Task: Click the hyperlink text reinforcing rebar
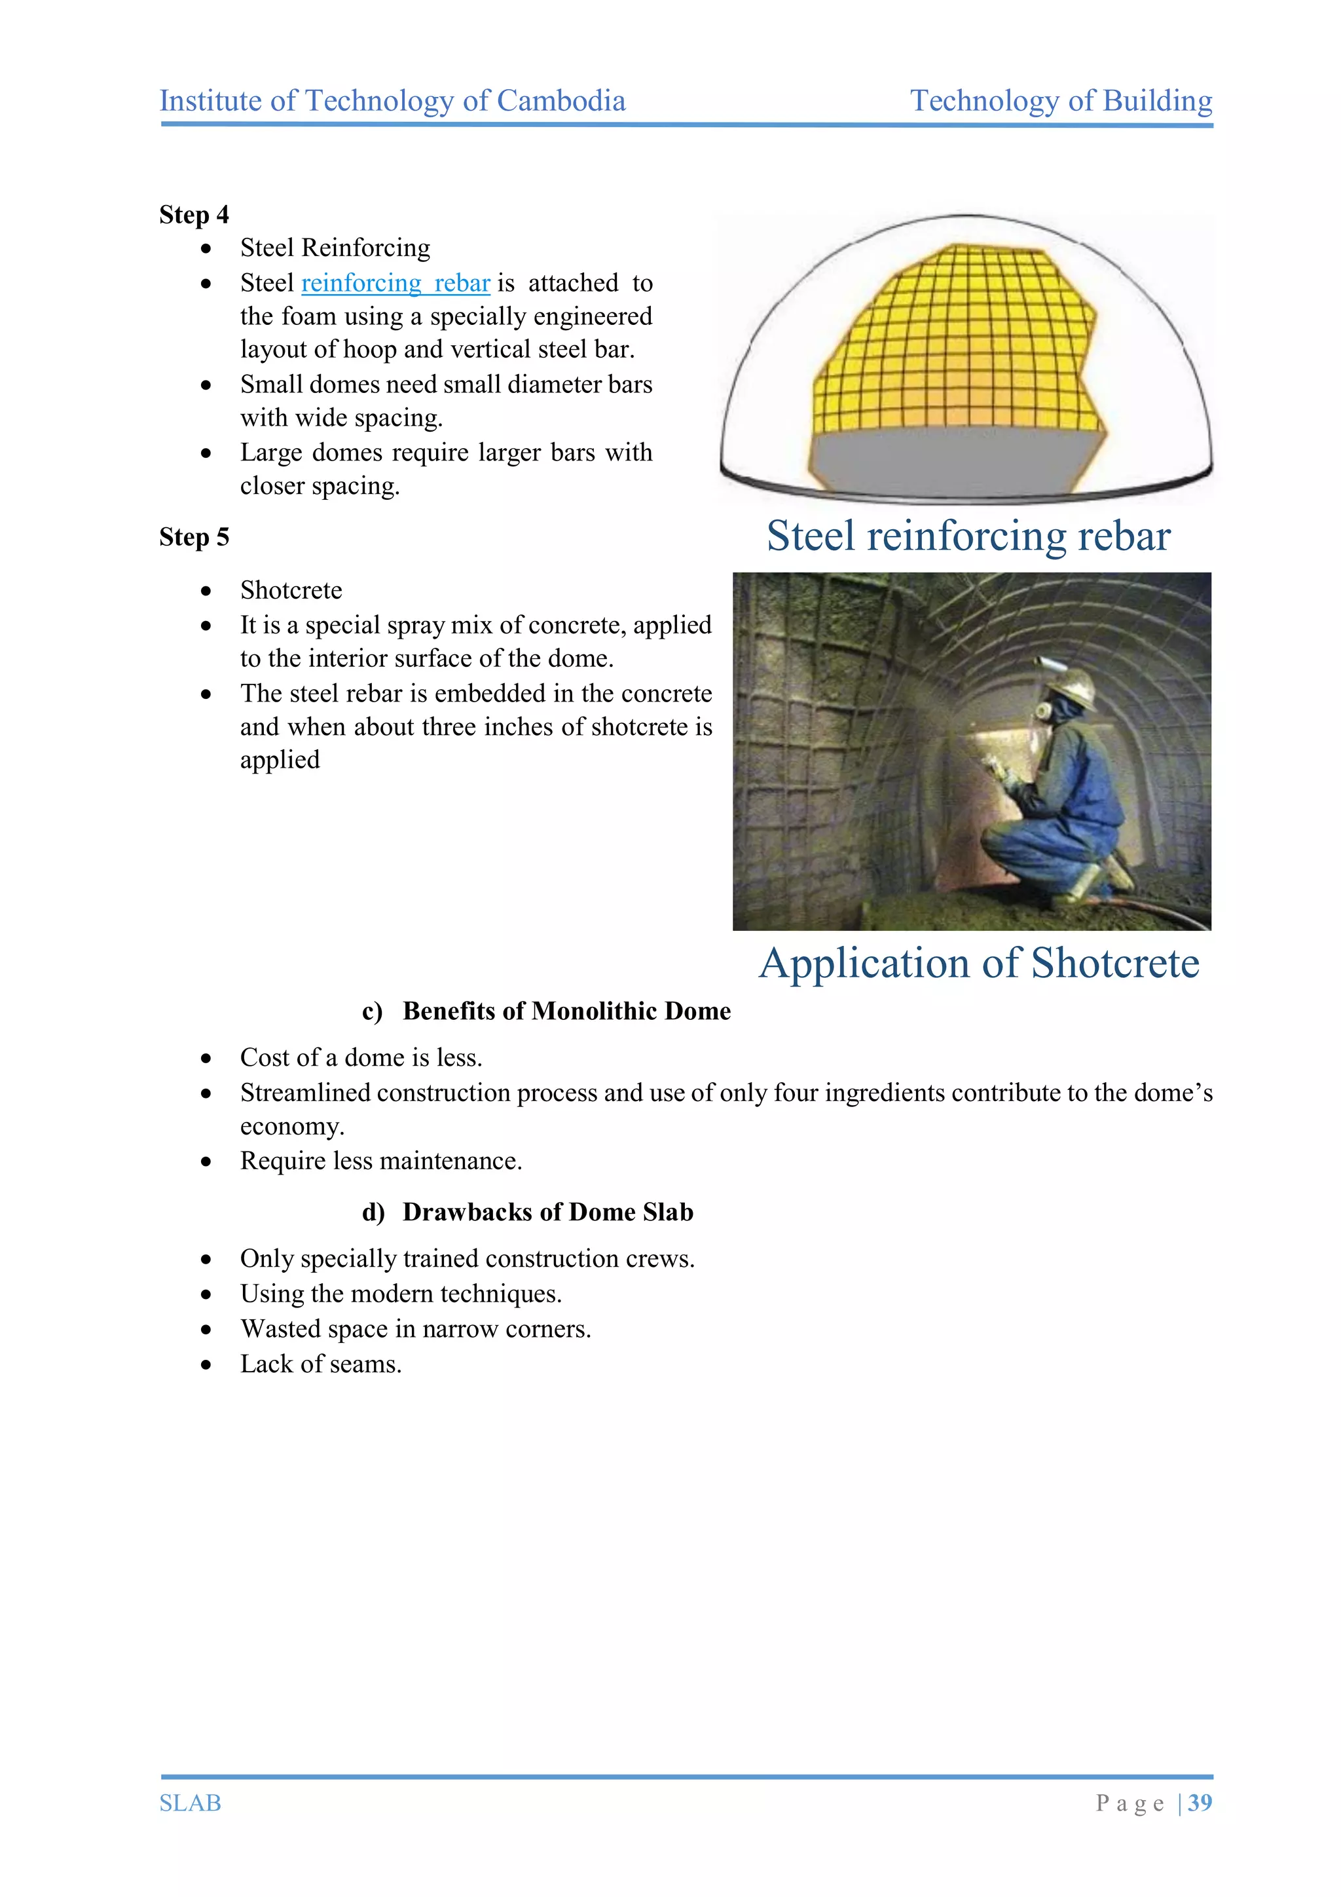(x=395, y=284)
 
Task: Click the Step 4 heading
(x=194, y=215)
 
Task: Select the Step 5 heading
(x=194, y=537)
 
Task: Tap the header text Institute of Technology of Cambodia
(x=392, y=101)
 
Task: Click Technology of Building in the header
(x=1061, y=101)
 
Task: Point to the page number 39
(x=1200, y=1802)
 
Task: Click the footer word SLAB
(x=190, y=1803)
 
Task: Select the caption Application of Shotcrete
(x=978, y=964)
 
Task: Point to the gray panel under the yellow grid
(x=949, y=459)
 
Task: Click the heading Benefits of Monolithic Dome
(x=566, y=1011)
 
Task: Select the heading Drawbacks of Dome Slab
(x=547, y=1212)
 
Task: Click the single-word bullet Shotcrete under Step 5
(x=291, y=590)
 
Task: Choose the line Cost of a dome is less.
(x=361, y=1057)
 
